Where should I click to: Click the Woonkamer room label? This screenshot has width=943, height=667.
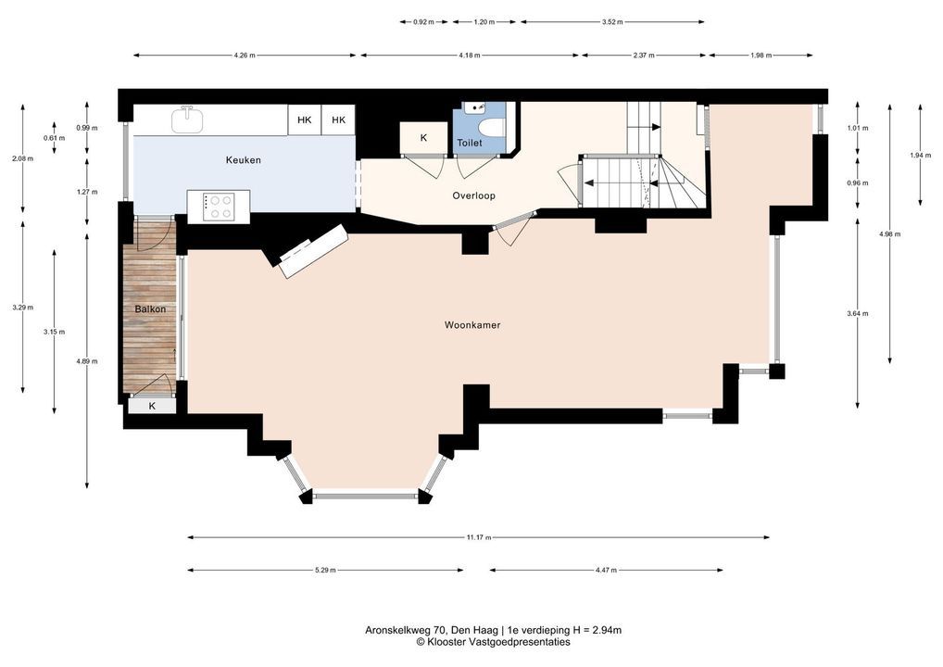[472, 325]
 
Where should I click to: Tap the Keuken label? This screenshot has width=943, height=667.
[243, 160]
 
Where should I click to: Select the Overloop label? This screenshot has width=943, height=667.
[474, 195]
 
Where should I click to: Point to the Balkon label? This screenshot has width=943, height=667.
[150, 309]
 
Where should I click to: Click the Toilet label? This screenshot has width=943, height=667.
[469, 144]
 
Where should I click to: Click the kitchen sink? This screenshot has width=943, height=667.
[187, 120]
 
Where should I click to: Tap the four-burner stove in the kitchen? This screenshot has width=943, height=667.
[219, 207]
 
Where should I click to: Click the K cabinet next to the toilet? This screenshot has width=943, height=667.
[423, 138]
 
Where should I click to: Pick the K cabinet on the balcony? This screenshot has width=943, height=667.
[152, 406]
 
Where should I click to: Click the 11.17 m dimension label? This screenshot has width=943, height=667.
[479, 537]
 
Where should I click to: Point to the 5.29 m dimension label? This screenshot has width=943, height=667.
[325, 570]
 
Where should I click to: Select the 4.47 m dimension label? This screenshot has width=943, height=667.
[606, 570]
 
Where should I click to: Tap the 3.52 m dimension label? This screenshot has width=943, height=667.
[611, 22]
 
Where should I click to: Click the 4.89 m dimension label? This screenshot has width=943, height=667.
[86, 361]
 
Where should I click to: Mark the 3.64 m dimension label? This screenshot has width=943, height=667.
[857, 313]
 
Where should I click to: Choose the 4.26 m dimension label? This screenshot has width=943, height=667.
[245, 56]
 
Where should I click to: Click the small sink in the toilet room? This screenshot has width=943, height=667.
[477, 107]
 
